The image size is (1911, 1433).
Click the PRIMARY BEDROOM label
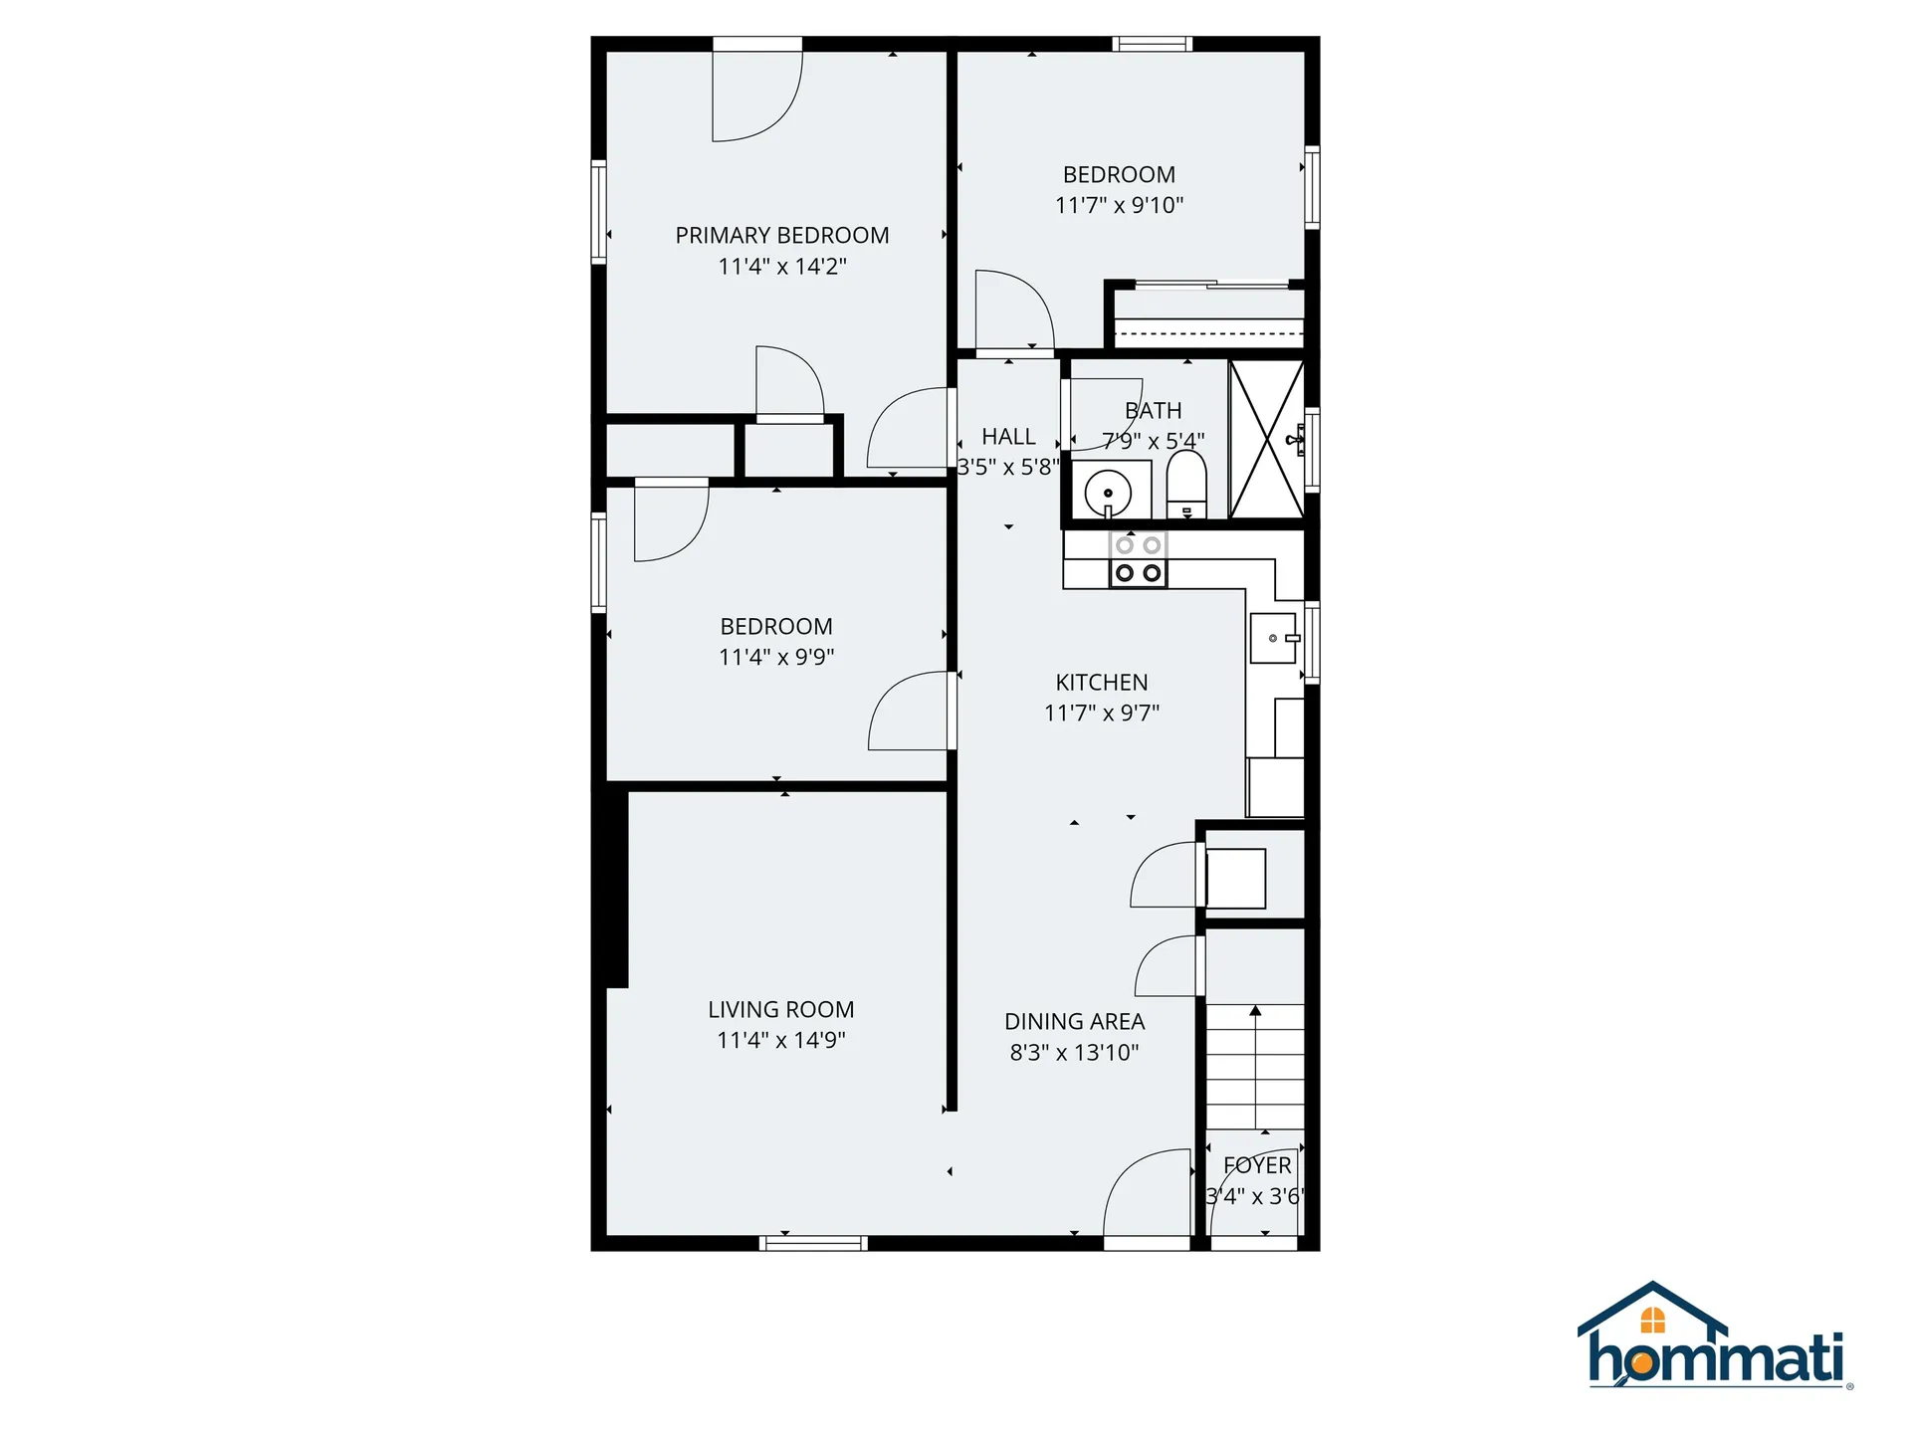pyautogui.click(x=782, y=236)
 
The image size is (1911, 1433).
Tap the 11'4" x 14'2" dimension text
pyautogui.click(x=782, y=267)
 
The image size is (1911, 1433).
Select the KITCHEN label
pyautogui.click(x=1102, y=683)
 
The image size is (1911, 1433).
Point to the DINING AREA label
pyautogui.click(x=1074, y=1022)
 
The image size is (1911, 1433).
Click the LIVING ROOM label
pyautogui.click(x=781, y=1010)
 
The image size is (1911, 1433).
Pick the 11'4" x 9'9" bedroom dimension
pyautogui.click(x=776, y=657)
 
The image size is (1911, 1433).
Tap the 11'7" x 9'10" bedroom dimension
pyautogui.click(x=1119, y=206)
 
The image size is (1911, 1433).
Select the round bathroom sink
pyautogui.click(x=1108, y=493)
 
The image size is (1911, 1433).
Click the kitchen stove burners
pyautogui.click(x=1138, y=560)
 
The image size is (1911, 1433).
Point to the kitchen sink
pyautogui.click(x=1274, y=638)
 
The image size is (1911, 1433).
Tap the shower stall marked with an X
pyautogui.click(x=1266, y=439)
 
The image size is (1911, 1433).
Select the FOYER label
pyautogui.click(x=1257, y=1165)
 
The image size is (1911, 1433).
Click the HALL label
pyautogui.click(x=1008, y=437)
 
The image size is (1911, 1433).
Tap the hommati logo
pyautogui.click(x=1715, y=1338)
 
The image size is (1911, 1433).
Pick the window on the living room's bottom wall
pyautogui.click(x=813, y=1243)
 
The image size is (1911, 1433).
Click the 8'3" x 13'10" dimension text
pyautogui.click(x=1074, y=1053)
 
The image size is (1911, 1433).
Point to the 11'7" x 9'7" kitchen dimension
pyautogui.click(x=1102, y=714)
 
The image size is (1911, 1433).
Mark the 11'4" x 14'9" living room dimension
pyautogui.click(x=781, y=1041)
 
